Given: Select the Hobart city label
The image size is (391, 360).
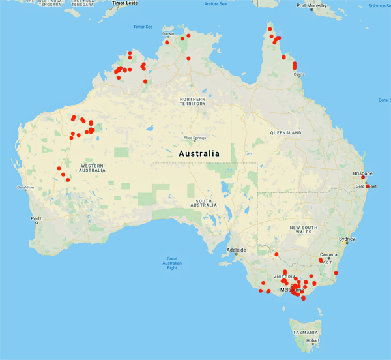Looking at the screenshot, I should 313,340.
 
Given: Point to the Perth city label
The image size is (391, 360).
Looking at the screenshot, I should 36,218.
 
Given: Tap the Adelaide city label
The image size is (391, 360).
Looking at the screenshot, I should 236,250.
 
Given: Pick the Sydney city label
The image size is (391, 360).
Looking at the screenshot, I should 347,239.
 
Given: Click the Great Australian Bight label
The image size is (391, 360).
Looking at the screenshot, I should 172,263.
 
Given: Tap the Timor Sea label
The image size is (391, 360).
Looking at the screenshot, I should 142,27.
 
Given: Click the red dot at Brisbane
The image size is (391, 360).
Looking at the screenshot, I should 363,177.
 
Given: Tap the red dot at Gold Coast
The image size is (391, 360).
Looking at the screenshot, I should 368,187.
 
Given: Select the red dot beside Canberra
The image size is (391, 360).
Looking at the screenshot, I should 321,260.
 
